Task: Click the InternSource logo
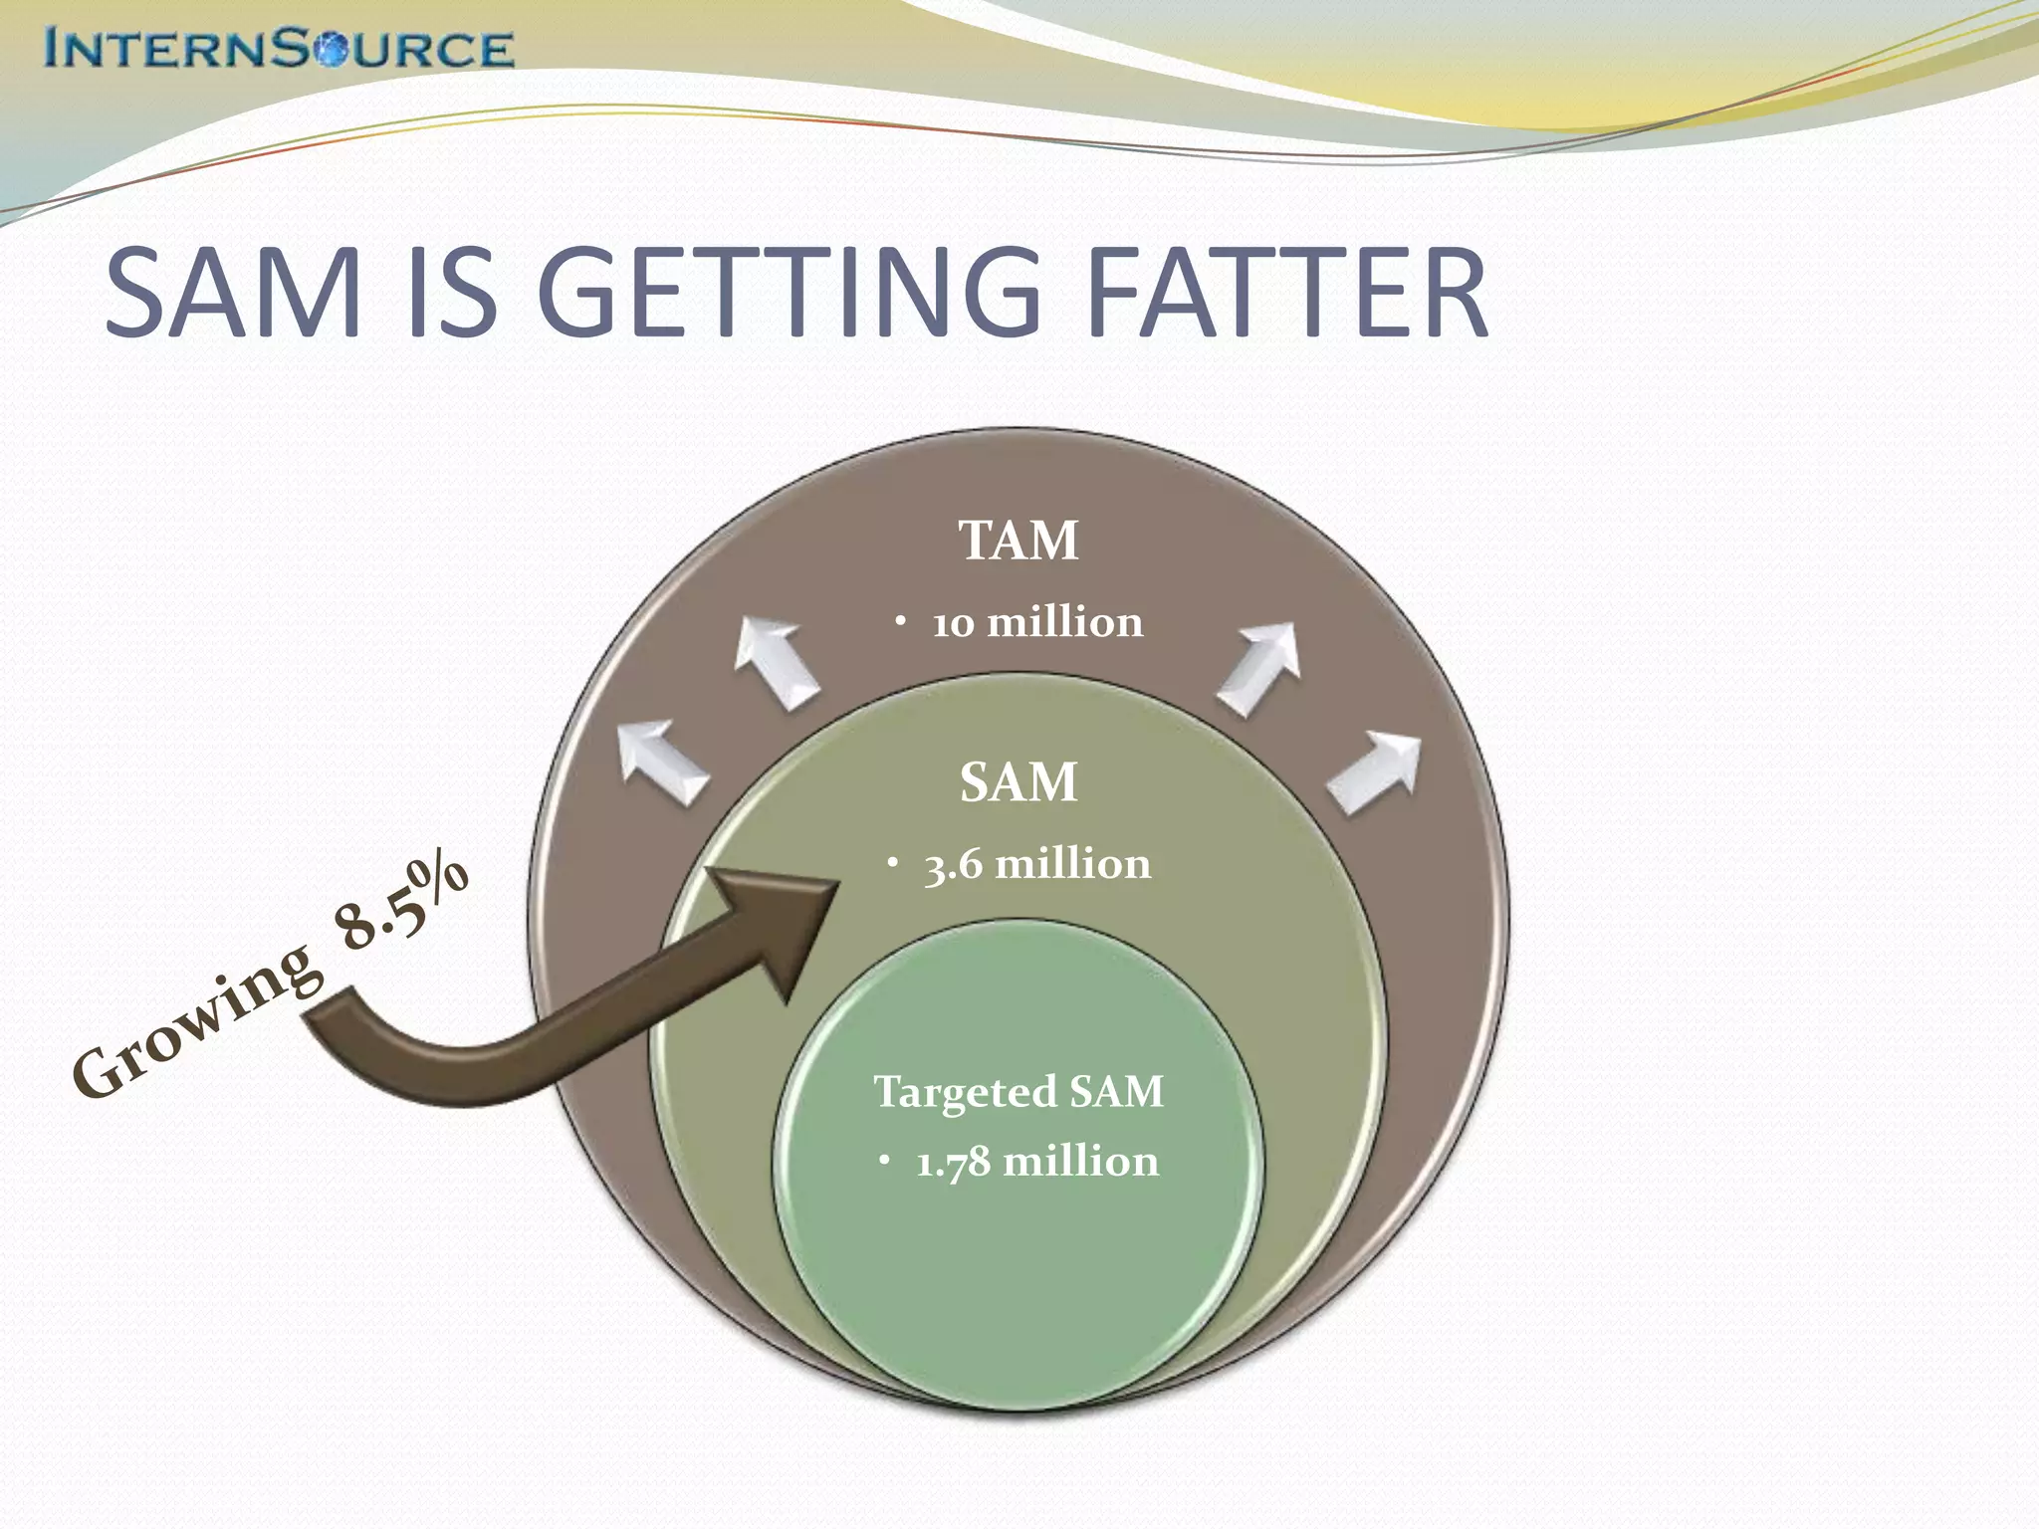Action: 279,49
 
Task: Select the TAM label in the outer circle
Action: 1019,541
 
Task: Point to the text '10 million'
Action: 1037,623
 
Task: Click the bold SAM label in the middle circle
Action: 1019,782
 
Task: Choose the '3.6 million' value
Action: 1037,864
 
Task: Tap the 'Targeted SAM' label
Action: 1019,1092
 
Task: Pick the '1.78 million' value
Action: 1037,1162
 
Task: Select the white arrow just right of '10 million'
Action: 1260,667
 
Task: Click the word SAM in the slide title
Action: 233,294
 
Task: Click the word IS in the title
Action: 453,294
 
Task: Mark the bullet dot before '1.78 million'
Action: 883,1160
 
